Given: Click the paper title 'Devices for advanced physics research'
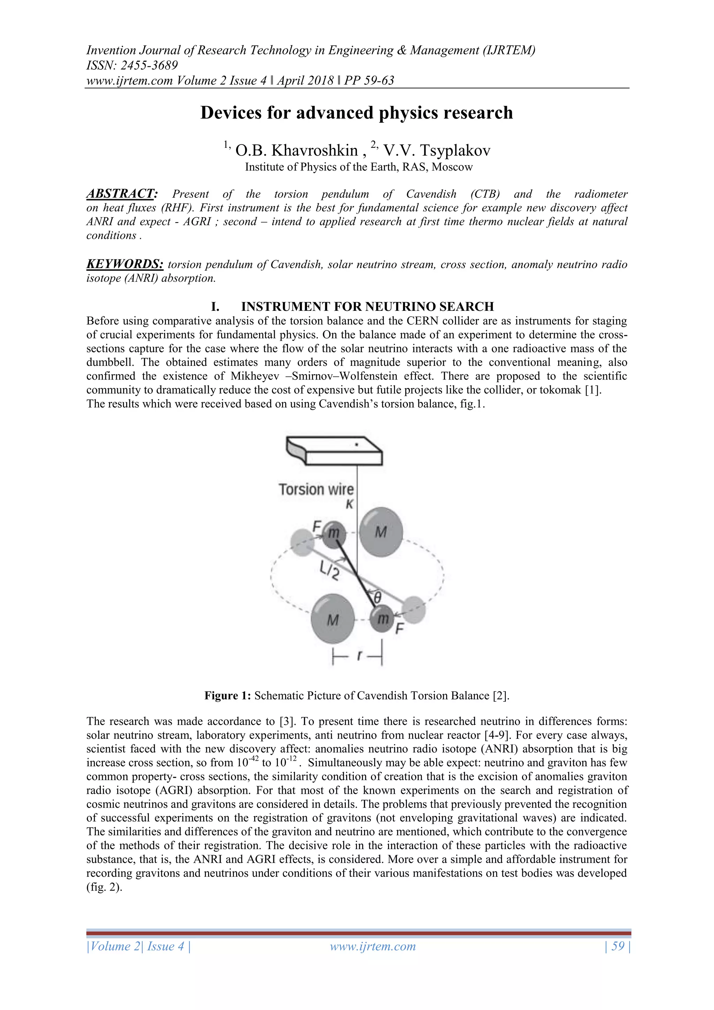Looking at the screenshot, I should coord(357,113).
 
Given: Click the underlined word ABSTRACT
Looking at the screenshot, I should coord(121,194).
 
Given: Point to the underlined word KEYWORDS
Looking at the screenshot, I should coord(125,264).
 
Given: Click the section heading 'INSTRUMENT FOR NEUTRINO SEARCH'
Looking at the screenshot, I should coord(367,307).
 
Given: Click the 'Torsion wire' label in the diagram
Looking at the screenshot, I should coord(316,489).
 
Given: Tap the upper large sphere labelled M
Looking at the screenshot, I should coord(381,532).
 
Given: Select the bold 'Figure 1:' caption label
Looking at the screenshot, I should coord(227,695).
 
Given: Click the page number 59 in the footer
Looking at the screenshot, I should coord(618,946).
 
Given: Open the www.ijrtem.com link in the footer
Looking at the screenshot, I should coord(373,946).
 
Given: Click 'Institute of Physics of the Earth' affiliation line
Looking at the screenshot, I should coord(358,167).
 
